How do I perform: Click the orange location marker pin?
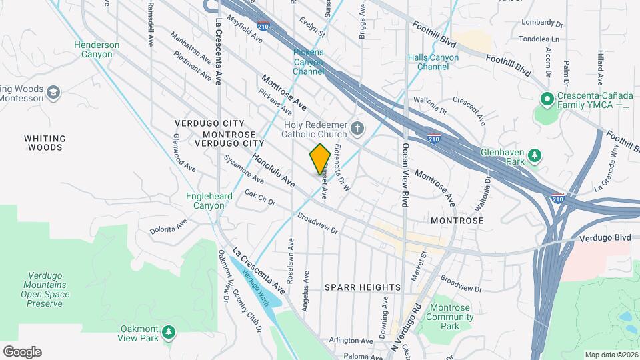coord(320,159)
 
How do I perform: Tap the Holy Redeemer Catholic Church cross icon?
coord(357,127)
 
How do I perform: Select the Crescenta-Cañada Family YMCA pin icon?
coord(547,100)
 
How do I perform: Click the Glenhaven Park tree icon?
coord(534,156)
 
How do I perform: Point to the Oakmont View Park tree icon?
coord(169,332)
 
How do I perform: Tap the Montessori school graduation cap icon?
coord(54,91)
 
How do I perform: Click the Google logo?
coord(22,352)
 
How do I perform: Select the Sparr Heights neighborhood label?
coord(363,287)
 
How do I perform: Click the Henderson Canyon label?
coord(97,50)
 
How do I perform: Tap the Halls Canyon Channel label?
coord(433,62)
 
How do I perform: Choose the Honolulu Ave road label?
coord(273,170)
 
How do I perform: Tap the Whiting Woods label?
coord(45,143)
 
